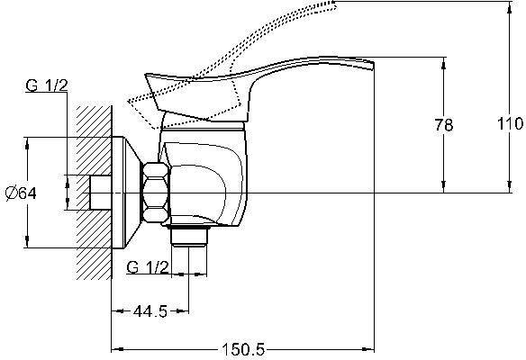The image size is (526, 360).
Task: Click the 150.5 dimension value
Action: point(243,350)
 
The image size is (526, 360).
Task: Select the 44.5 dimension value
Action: point(150,311)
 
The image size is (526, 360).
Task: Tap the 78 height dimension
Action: point(444,125)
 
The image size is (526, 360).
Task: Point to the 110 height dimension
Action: point(510,123)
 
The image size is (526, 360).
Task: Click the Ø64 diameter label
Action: point(21,193)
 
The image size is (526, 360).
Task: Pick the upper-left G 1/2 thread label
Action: point(47,85)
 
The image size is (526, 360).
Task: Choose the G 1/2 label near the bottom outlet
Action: point(148,267)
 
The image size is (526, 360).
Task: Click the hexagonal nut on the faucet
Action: point(155,193)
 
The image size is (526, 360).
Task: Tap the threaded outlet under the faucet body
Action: point(189,236)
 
